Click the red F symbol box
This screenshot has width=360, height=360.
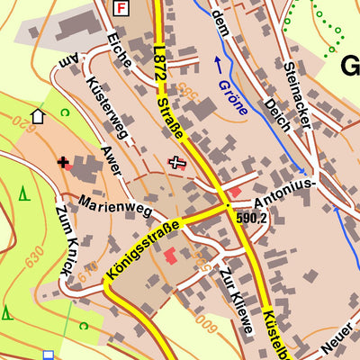(122, 7)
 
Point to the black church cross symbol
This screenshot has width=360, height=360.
(63, 163)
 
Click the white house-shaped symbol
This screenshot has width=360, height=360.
(38, 115)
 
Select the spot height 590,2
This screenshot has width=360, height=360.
(252, 218)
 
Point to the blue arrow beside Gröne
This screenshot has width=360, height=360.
(217, 65)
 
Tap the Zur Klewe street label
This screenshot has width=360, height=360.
(236, 302)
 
